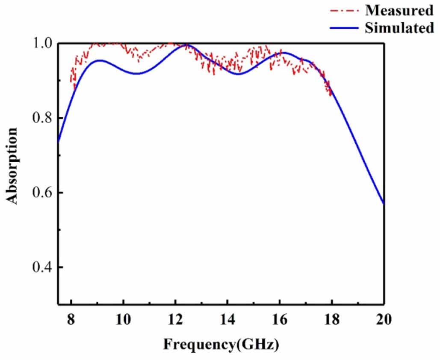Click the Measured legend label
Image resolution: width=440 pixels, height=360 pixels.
pyautogui.click(x=399, y=9)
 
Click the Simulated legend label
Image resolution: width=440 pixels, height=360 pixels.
pyautogui.click(x=399, y=28)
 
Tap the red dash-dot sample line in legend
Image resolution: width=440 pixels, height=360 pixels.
pyautogui.click(x=343, y=10)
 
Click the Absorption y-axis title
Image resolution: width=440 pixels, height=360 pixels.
pyautogui.click(x=12, y=166)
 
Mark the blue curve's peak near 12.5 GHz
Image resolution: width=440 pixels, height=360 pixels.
pyautogui.click(x=188, y=45)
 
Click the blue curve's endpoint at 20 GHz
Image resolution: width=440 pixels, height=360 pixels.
pyautogui.click(x=384, y=204)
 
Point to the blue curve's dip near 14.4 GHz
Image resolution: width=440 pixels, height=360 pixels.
pyautogui.click(x=238, y=74)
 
